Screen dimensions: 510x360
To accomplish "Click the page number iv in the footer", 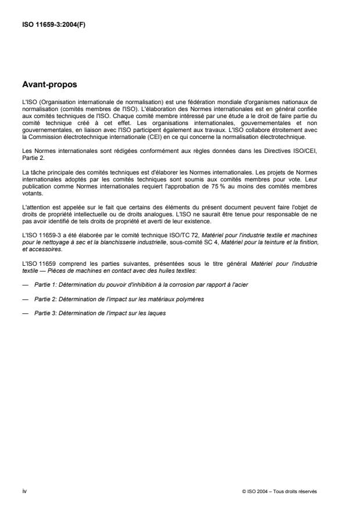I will (x=24, y=491).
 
